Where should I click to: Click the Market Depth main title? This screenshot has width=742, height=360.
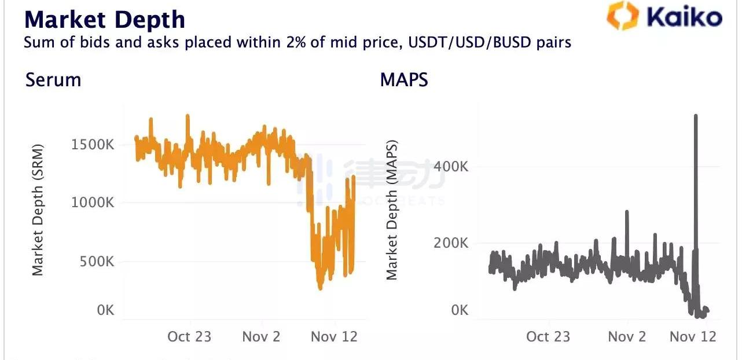point(104,19)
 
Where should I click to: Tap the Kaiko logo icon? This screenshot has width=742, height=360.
point(622,16)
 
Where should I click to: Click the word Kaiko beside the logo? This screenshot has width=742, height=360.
point(684,17)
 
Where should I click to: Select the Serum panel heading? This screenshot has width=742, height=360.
point(53,79)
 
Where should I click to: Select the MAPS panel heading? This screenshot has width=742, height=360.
point(404,79)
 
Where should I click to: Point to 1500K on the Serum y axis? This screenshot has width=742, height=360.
point(93,145)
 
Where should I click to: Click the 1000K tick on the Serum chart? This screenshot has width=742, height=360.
point(93,203)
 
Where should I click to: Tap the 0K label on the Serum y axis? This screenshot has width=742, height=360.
point(105,310)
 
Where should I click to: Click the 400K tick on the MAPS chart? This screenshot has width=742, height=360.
point(451,167)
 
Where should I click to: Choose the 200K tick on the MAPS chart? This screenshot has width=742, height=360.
point(451,243)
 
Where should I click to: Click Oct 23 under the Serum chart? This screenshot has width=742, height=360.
point(189,336)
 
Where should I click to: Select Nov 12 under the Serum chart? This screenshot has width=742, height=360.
point(335,336)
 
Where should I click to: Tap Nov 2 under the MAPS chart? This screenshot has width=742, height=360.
point(627,336)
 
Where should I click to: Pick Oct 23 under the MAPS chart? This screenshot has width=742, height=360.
point(548,336)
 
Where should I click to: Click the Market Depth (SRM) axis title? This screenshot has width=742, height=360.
point(38,210)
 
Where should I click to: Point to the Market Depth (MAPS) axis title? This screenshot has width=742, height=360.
point(392,210)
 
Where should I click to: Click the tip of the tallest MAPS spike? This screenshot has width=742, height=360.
point(696,116)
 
